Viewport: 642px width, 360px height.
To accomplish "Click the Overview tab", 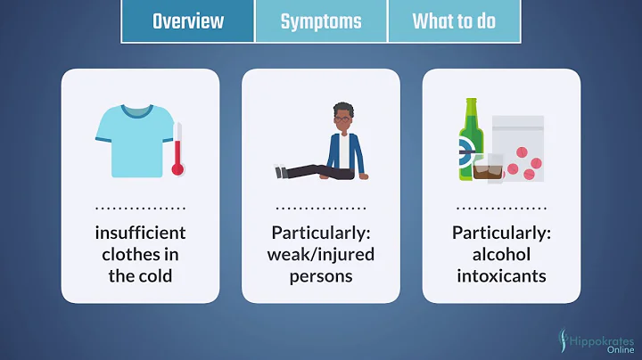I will point(187,21).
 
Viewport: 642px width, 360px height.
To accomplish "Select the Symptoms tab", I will point(320,21).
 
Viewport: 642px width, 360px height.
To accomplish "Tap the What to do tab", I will point(454,21).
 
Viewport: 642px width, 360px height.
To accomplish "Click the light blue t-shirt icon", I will point(133,140).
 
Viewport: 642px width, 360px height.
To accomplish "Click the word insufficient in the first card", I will point(141,233).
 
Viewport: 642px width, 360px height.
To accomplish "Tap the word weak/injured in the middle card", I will point(321,255).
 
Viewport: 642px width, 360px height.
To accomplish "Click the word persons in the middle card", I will point(321,275).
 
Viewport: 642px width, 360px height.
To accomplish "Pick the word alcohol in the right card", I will point(501,255).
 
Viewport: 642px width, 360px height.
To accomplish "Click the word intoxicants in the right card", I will point(501,275).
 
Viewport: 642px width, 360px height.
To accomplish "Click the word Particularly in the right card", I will point(501,233).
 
